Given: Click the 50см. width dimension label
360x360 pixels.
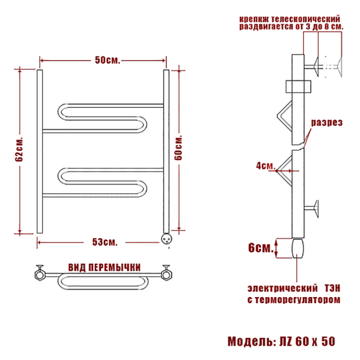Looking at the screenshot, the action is [107, 61].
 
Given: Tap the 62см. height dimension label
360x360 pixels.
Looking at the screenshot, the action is [19, 149].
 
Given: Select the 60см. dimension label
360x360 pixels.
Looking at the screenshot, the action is [178, 148].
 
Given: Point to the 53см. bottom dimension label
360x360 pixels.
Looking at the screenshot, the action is [105, 242].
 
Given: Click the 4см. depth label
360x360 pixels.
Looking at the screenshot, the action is [266, 166].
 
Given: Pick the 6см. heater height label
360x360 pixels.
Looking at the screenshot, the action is [261, 248].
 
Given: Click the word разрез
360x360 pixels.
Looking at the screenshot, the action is [327, 122].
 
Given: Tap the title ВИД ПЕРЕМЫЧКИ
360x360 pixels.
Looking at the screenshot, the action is [104, 268].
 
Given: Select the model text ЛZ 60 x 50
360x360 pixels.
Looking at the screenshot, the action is [307, 341].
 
